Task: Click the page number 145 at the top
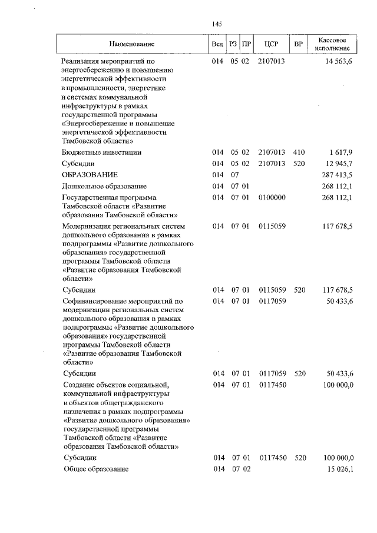point(216,24)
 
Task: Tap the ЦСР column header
point(271,44)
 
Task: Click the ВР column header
point(299,44)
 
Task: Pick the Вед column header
point(217,44)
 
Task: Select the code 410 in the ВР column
point(299,152)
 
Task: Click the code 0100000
point(272,197)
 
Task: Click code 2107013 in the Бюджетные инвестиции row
point(272,152)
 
